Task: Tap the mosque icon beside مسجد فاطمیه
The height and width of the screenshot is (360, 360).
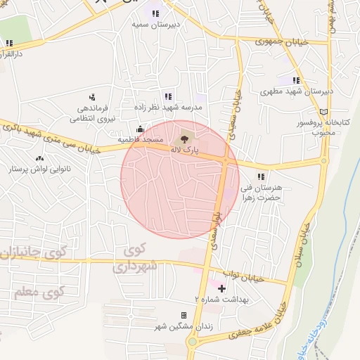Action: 140,129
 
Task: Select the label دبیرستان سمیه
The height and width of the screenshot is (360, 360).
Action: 155,24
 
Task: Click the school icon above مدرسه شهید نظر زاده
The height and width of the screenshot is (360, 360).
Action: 167,96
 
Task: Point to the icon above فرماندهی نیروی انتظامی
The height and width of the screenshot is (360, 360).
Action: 92,97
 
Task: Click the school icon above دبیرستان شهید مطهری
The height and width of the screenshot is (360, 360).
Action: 296,80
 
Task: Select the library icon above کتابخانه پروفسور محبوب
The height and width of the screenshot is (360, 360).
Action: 323,111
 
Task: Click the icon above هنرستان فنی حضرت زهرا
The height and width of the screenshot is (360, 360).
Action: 261,176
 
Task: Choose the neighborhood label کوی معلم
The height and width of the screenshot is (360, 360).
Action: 39,290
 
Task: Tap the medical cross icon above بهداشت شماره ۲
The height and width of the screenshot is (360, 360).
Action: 222,288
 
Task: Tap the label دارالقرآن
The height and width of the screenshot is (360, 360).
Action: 15,53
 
